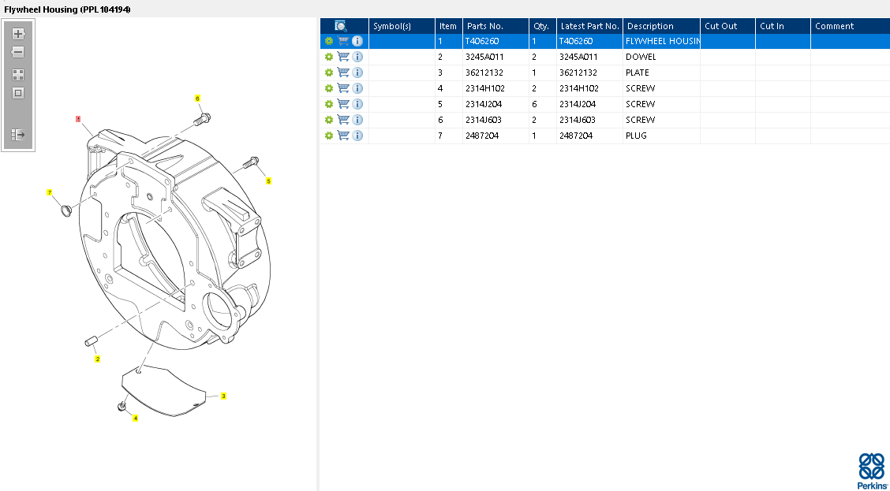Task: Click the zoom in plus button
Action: (x=18, y=33)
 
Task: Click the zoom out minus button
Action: (x=18, y=52)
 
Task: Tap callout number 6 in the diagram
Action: (x=197, y=98)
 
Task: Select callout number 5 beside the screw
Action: (x=268, y=180)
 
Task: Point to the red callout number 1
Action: (x=78, y=118)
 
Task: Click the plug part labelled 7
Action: (x=65, y=210)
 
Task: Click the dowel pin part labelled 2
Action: (x=92, y=341)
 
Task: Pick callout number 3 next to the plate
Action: (x=223, y=396)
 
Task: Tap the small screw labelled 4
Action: (x=121, y=407)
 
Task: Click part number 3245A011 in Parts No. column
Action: (x=484, y=57)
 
